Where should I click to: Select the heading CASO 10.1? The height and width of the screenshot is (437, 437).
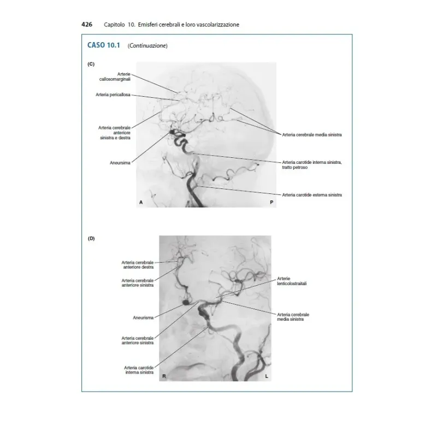click(103, 45)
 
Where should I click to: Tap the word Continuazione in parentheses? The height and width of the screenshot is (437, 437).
click(147, 46)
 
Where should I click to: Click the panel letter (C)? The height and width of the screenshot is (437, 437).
click(91, 64)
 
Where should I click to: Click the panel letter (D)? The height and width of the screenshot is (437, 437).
click(91, 238)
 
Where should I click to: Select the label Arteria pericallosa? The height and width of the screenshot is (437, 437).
click(113, 95)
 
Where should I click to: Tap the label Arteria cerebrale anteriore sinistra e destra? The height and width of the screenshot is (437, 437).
click(114, 133)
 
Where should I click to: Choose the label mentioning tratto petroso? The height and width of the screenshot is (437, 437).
click(311, 164)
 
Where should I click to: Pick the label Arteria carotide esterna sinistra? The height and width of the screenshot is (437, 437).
click(312, 194)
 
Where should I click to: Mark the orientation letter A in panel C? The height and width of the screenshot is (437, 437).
click(141, 203)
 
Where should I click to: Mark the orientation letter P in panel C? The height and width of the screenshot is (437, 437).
click(271, 203)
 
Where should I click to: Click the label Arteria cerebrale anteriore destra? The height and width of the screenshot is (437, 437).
click(138, 265)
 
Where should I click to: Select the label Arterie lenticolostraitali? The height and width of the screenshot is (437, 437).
click(292, 281)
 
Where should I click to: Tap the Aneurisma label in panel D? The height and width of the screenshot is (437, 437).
click(143, 317)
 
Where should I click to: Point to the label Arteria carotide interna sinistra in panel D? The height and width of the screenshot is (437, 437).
click(139, 370)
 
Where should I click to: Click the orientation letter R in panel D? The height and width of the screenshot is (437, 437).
click(163, 377)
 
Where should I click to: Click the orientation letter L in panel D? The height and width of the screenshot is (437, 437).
click(267, 377)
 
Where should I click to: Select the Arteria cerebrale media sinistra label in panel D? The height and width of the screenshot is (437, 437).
click(293, 317)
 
